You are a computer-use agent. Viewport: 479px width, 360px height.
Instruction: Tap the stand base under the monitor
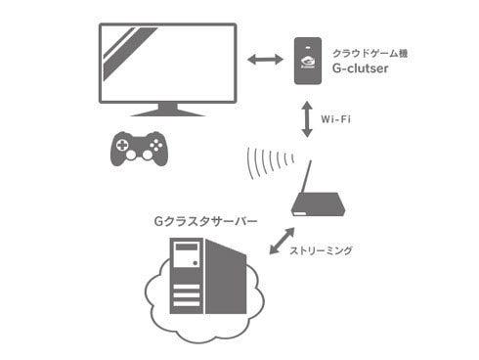coord(167,112)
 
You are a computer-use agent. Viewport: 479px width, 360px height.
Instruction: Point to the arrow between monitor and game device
coord(265,61)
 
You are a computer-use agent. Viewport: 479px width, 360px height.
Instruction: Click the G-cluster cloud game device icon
coord(307,61)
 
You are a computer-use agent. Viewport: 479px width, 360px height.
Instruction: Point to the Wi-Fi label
coord(336,118)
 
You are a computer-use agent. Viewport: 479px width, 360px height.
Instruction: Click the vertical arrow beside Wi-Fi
coord(307,117)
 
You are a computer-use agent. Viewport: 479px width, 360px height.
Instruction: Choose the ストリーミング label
coord(322,251)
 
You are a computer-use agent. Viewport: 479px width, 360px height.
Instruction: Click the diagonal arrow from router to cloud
coord(280,241)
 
